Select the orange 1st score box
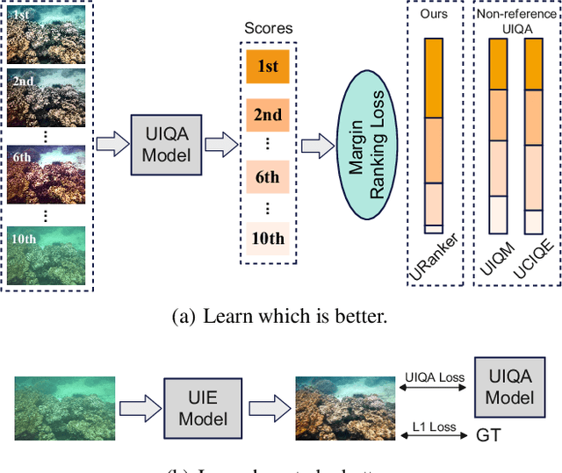pyautogui.click(x=268, y=68)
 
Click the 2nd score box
pyautogui.click(x=268, y=115)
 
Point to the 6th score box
pyautogui.click(x=268, y=177)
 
